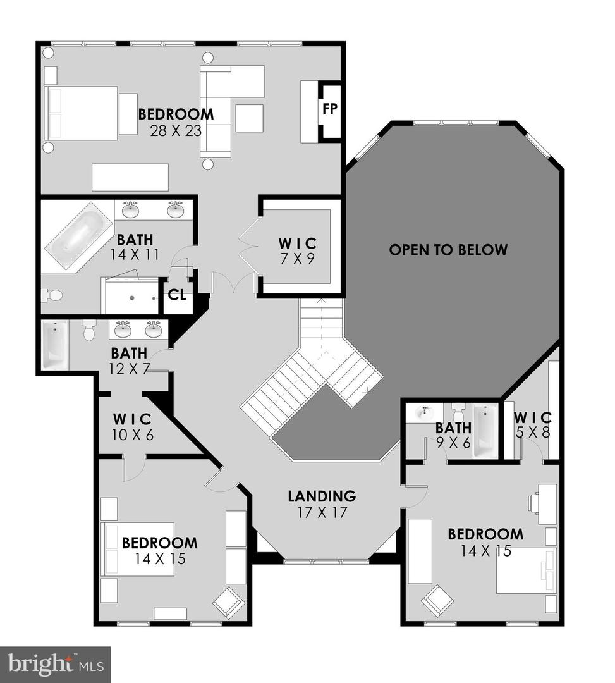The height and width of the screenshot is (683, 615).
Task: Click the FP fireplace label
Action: coord(329,109)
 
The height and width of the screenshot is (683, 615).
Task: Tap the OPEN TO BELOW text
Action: coord(448,249)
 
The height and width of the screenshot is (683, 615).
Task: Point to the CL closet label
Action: coord(177,295)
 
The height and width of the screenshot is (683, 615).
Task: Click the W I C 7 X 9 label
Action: coord(297,249)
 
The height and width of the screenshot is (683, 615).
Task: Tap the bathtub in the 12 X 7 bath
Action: coord(54,345)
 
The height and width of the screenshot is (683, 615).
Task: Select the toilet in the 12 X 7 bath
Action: coord(89,330)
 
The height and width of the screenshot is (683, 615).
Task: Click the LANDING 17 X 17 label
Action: coord(322,503)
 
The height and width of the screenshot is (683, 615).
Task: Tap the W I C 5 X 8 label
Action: coord(532,425)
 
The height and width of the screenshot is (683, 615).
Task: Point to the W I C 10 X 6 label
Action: coord(132,426)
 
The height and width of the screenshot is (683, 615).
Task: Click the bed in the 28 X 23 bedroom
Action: coord(81,113)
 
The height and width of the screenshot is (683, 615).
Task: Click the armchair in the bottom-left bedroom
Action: coord(229,601)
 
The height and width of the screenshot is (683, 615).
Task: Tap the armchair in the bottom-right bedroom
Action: coord(437,600)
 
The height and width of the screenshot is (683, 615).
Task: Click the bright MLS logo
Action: coord(56,664)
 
